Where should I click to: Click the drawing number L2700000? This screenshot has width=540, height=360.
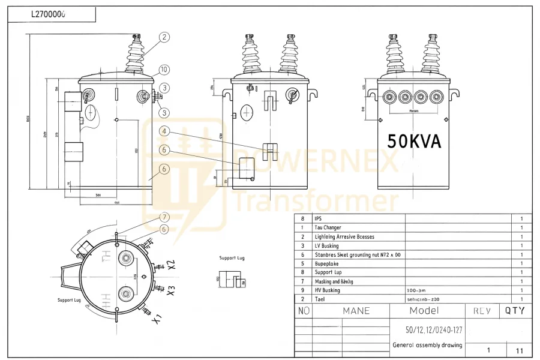click(x=49, y=14)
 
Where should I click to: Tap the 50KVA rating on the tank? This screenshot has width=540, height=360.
click(x=414, y=142)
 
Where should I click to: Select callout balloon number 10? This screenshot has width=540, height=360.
click(x=164, y=70)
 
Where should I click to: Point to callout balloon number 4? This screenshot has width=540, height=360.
click(x=164, y=131)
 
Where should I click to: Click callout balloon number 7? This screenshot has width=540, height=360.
click(x=164, y=217)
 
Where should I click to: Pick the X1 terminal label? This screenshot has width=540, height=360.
click(x=157, y=318)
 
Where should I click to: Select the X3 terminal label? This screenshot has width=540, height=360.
click(x=171, y=291)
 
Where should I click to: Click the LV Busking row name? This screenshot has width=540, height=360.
click(x=326, y=246)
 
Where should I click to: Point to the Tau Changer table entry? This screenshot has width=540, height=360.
click(x=328, y=228)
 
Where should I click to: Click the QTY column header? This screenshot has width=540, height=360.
click(x=514, y=311)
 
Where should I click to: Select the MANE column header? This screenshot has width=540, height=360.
click(x=356, y=311)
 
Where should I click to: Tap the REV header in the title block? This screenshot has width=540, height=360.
click(x=482, y=311)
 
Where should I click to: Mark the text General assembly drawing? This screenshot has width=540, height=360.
click(x=427, y=345)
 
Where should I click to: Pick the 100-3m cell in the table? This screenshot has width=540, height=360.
click(x=416, y=290)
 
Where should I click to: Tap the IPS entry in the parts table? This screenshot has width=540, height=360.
click(x=318, y=219)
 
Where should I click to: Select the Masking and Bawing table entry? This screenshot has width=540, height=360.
click(x=334, y=281)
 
